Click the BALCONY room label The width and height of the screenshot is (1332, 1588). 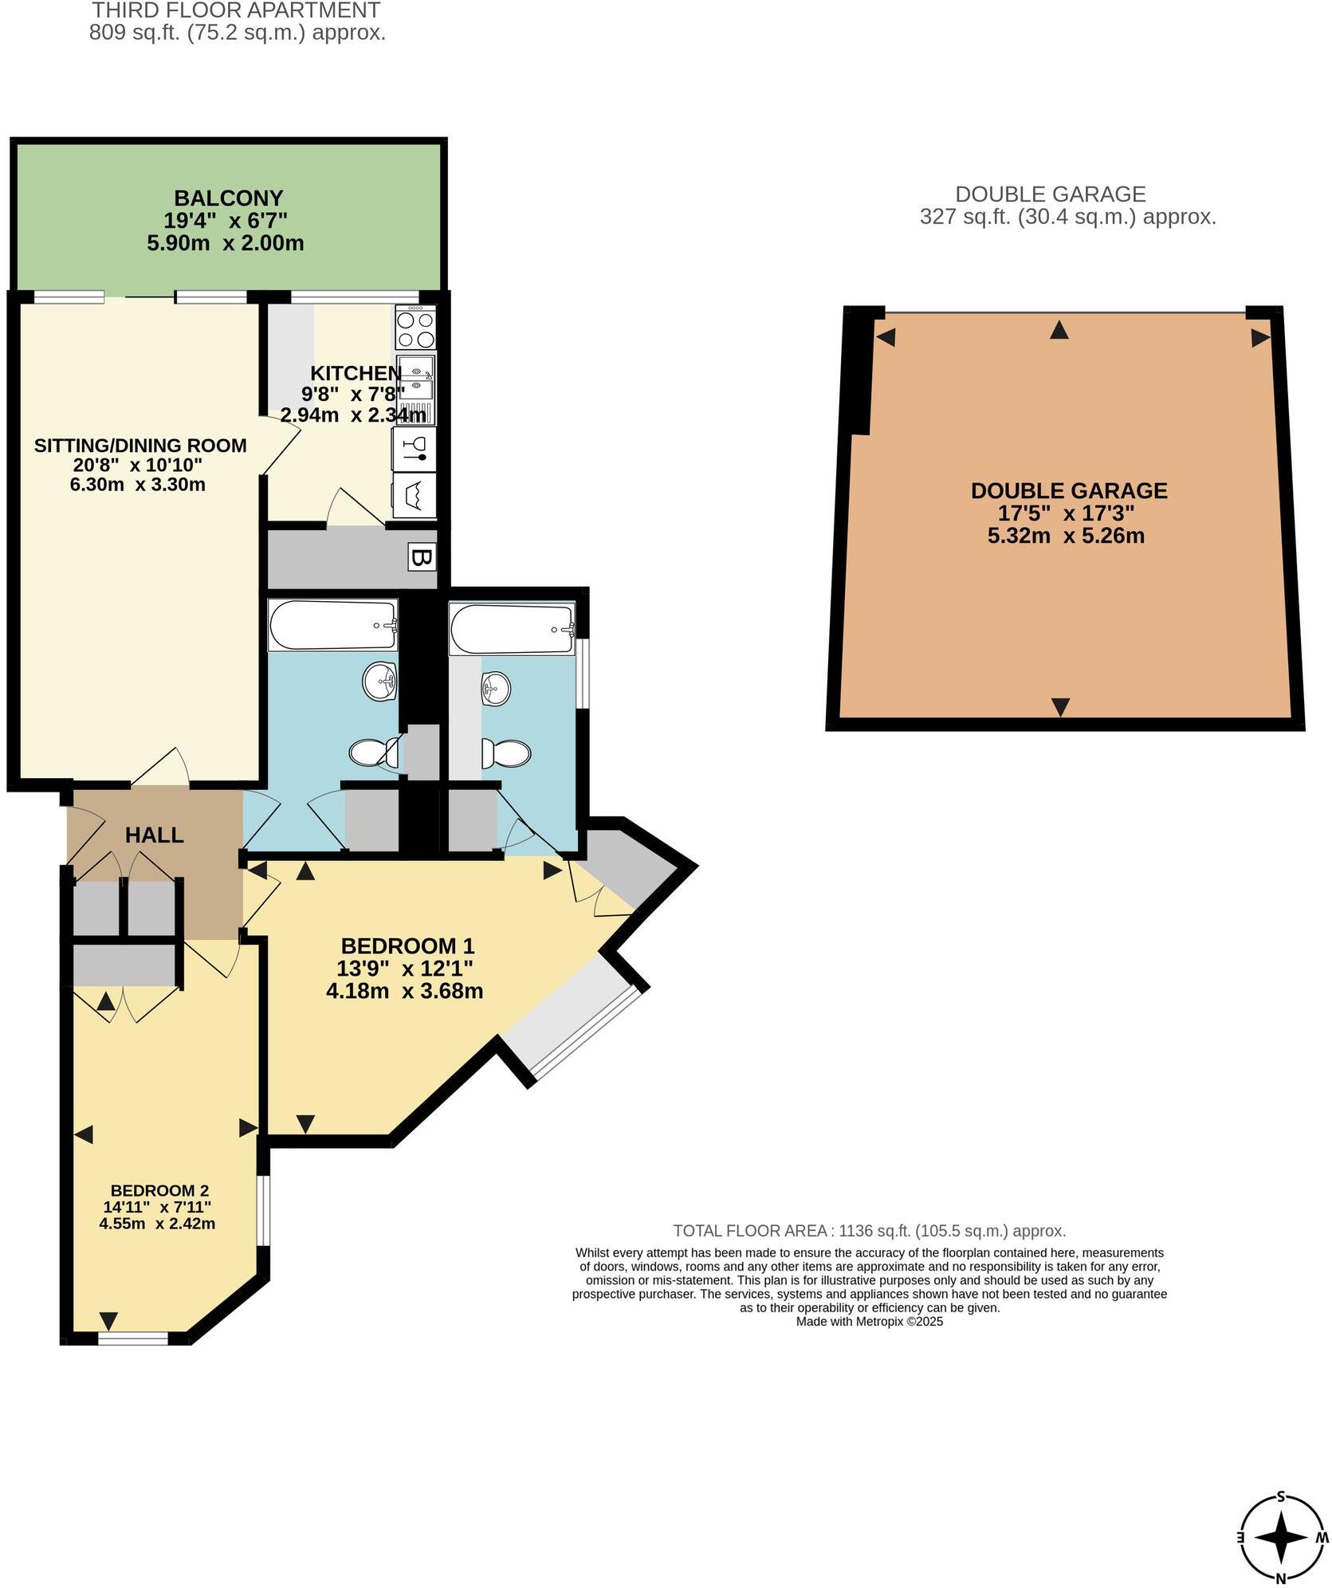(x=228, y=198)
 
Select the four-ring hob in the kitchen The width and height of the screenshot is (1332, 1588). (x=415, y=328)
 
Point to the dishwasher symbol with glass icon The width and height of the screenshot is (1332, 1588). (x=415, y=450)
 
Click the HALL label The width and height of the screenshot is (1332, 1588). (x=154, y=835)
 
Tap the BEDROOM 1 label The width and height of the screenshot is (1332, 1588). (x=407, y=945)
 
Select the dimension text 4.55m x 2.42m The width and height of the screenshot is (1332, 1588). (x=157, y=1223)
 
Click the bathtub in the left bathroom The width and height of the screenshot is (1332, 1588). (x=333, y=625)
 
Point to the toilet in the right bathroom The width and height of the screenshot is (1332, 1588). (x=507, y=753)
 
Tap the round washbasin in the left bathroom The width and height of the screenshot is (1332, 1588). (x=379, y=682)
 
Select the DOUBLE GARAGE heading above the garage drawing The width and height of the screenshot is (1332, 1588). (x=1050, y=194)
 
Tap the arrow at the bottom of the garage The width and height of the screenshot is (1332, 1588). (x=1059, y=706)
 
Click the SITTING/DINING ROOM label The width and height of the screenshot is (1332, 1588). (x=140, y=446)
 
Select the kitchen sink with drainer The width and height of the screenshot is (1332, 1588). (x=415, y=390)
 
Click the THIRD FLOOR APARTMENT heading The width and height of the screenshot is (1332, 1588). (x=236, y=10)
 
